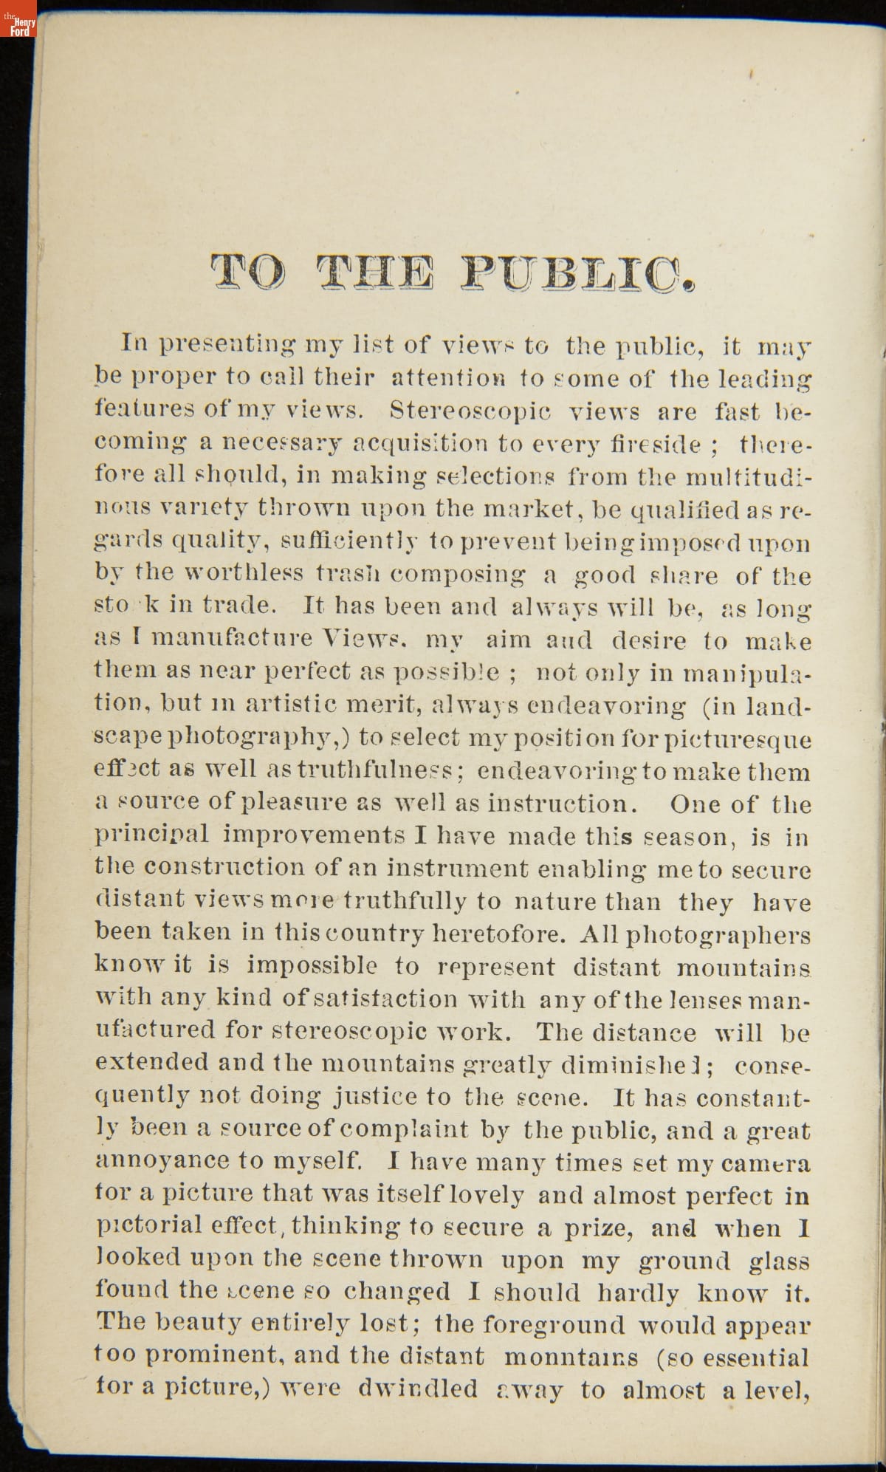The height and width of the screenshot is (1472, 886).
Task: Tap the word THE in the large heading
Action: click(x=374, y=277)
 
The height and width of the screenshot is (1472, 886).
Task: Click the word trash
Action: click(x=346, y=573)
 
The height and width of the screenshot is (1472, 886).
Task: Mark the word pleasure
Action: click(x=296, y=803)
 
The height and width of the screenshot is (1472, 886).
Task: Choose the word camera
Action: click(x=766, y=1163)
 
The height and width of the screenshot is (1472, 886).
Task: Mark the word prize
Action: click(x=598, y=1228)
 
